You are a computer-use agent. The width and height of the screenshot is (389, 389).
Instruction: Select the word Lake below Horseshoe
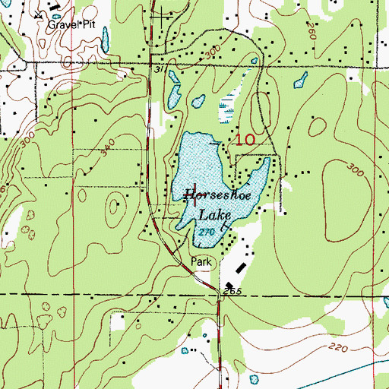[x=215, y=216]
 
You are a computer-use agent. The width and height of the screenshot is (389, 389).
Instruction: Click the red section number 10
[x=245, y=140]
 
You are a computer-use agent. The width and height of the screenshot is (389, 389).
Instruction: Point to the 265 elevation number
[x=231, y=292]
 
